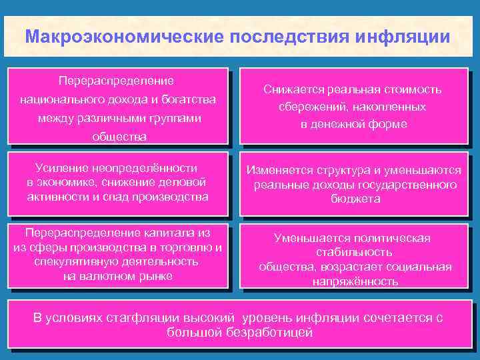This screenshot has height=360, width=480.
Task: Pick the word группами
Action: coord(171,118)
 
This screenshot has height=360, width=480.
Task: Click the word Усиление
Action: coord(56,168)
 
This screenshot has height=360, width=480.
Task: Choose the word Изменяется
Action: coord(280,170)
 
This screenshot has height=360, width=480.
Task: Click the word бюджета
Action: coord(353,199)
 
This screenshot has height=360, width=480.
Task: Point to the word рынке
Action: coord(155,275)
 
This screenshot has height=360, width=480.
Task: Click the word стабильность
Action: coord(353,253)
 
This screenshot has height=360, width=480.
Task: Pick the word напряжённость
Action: coord(355,281)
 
